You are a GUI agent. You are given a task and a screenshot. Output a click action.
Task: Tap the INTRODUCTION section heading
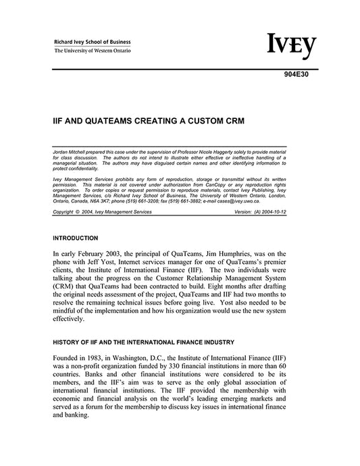point(75,238)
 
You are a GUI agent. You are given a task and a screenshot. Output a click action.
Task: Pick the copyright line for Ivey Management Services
point(102,211)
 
